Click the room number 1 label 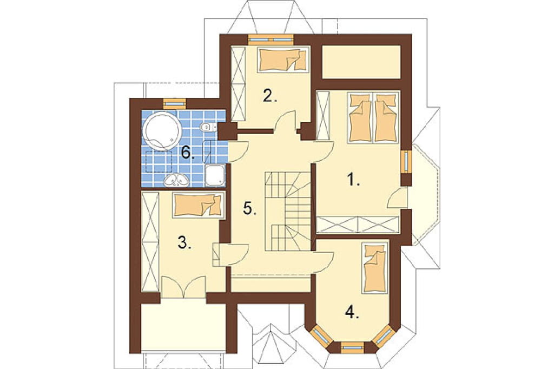point(353,181)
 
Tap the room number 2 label point(270,96)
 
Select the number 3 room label point(184,243)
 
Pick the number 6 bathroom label point(188,153)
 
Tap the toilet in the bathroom point(206,126)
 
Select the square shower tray point(215,175)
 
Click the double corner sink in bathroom point(177,180)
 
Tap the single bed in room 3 point(199,205)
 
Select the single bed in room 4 point(375,267)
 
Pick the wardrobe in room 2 point(238,84)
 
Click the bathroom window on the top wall point(175,103)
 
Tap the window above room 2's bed point(271,39)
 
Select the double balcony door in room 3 point(183,286)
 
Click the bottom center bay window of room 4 point(353,347)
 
